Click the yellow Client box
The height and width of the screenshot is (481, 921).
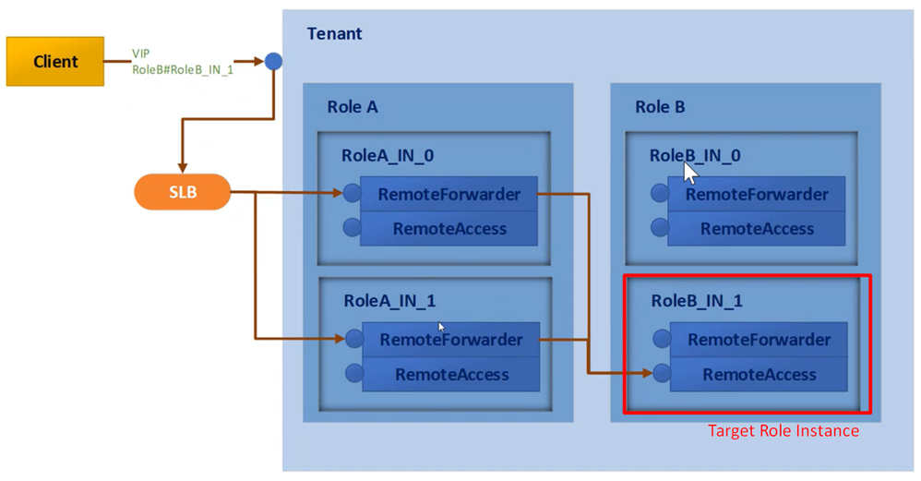(55, 62)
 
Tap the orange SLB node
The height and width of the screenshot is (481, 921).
(182, 193)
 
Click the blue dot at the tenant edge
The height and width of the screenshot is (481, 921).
(273, 62)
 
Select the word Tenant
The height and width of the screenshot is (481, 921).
(334, 34)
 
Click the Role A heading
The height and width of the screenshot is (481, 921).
(352, 106)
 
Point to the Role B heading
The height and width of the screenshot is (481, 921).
(660, 106)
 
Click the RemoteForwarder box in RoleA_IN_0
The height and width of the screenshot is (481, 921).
(449, 194)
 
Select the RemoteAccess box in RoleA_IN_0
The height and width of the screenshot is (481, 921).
(449, 229)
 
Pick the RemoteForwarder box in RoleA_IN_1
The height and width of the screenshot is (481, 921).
(450, 340)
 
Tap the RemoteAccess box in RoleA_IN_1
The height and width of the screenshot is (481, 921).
(450, 375)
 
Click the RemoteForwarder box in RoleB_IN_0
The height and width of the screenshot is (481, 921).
(757, 194)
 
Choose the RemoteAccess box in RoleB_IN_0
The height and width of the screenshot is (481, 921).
(757, 229)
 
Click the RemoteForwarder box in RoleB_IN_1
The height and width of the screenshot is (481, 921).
(759, 340)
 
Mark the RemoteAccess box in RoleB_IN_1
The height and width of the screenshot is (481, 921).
(759, 375)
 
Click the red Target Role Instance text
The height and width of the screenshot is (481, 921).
(783, 431)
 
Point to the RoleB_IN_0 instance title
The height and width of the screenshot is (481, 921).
(694, 156)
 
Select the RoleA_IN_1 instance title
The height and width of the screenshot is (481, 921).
(389, 300)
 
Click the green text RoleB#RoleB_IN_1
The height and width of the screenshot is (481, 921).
(183, 69)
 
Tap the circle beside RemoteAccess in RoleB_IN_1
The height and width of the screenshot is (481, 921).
(660, 374)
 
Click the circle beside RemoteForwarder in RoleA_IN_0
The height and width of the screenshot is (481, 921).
(352, 194)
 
